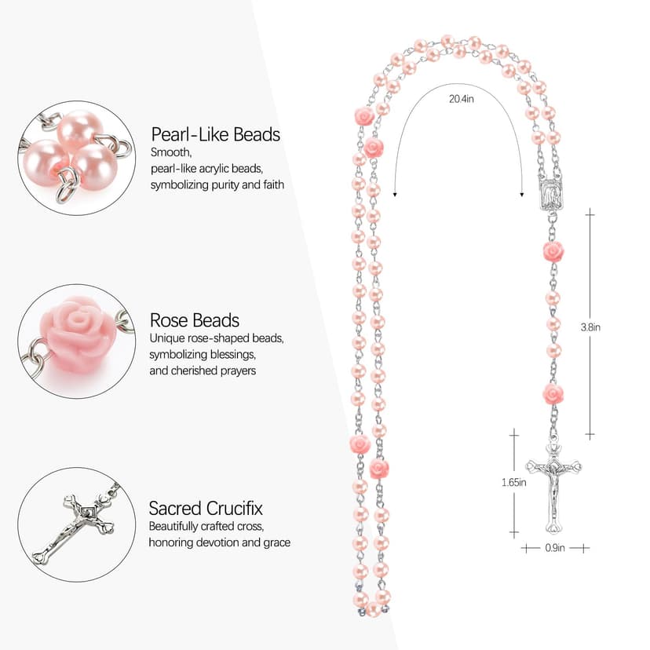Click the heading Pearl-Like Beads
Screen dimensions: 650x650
click(x=215, y=134)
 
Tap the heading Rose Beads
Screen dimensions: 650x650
click(x=194, y=320)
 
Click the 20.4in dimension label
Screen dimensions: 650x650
click(x=461, y=99)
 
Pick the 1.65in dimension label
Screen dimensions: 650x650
click(x=513, y=483)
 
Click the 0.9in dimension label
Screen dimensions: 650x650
click(x=554, y=548)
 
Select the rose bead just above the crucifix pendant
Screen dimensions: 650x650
click(x=553, y=393)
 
